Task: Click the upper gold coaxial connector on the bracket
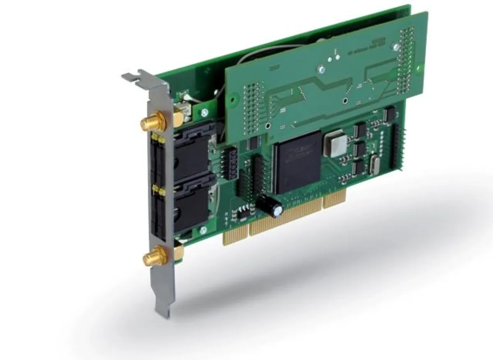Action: pos(150,122)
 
